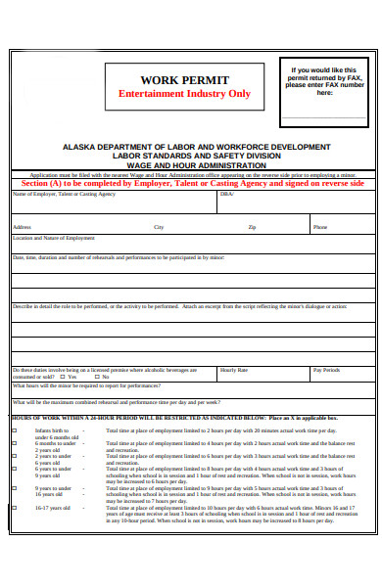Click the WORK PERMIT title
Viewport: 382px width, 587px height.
point(184,80)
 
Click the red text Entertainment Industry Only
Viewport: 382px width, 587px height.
point(184,94)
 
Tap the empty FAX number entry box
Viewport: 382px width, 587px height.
point(324,110)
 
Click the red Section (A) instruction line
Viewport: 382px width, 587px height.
point(192,183)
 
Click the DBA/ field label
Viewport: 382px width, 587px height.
point(227,194)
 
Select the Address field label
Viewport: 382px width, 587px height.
point(21,227)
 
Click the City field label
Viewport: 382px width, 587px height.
point(159,227)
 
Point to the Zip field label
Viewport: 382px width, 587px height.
point(252,227)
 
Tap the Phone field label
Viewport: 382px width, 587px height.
point(320,227)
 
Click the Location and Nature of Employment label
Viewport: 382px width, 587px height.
point(53,238)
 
